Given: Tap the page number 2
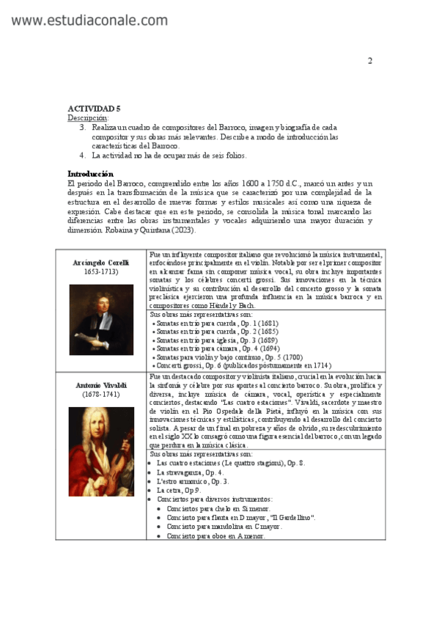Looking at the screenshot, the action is pyautogui.click(x=369, y=60).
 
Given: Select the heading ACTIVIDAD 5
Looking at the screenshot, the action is pyautogui.click(x=94, y=108).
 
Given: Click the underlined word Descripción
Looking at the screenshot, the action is pyautogui.click(x=88, y=117).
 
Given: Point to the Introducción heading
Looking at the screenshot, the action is pyautogui.click(x=95, y=174).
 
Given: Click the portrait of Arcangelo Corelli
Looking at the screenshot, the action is pyautogui.click(x=101, y=320).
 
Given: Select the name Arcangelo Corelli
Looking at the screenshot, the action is pyautogui.click(x=101, y=262).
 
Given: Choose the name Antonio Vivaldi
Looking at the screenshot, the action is pyautogui.click(x=101, y=385).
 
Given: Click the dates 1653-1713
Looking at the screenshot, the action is pyautogui.click(x=101, y=271).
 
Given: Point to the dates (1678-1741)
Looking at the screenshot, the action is pyautogui.click(x=101, y=395).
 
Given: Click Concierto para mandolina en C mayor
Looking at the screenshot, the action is pyautogui.click(x=224, y=527).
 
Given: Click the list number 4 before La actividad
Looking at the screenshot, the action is pyautogui.click(x=82, y=155).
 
